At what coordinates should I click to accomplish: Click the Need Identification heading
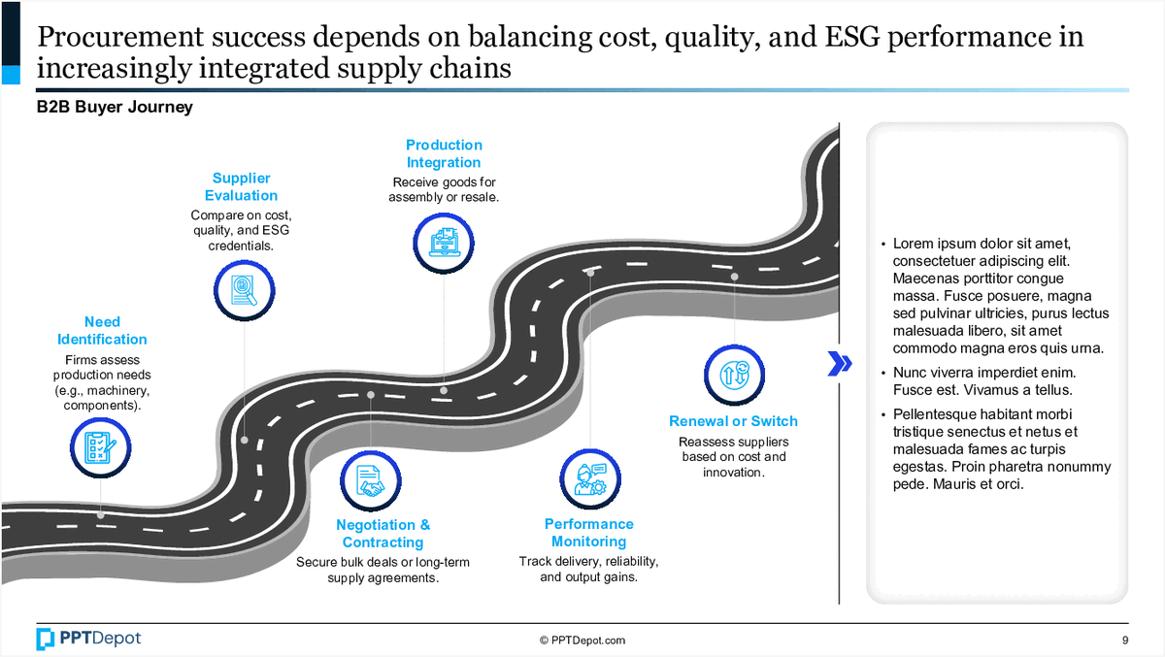pyautogui.click(x=102, y=331)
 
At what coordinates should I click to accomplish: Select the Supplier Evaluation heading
pyautogui.click(x=241, y=187)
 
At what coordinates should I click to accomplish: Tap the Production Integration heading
pyautogui.click(x=443, y=154)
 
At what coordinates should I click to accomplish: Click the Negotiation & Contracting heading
pyautogui.click(x=383, y=534)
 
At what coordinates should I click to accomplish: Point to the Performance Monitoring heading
pyautogui.click(x=588, y=533)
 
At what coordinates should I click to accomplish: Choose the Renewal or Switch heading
pyautogui.click(x=733, y=421)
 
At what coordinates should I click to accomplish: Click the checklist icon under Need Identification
pyautogui.click(x=101, y=446)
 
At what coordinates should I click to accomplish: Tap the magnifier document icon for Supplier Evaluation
pyautogui.click(x=242, y=289)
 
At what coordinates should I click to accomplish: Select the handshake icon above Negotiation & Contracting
pyautogui.click(x=370, y=479)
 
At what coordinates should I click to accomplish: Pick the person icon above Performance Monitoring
pyautogui.click(x=589, y=476)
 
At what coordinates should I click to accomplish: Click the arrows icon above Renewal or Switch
pyautogui.click(x=733, y=375)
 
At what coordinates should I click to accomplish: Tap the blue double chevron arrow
pyautogui.click(x=840, y=363)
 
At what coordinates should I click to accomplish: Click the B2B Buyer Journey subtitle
pyautogui.click(x=115, y=107)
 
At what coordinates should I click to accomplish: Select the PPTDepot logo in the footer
pyautogui.click(x=88, y=639)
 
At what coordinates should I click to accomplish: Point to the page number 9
pyautogui.click(x=1124, y=641)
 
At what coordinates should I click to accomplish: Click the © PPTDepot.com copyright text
pyautogui.click(x=582, y=641)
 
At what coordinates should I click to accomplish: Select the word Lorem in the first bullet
pyautogui.click(x=914, y=244)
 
